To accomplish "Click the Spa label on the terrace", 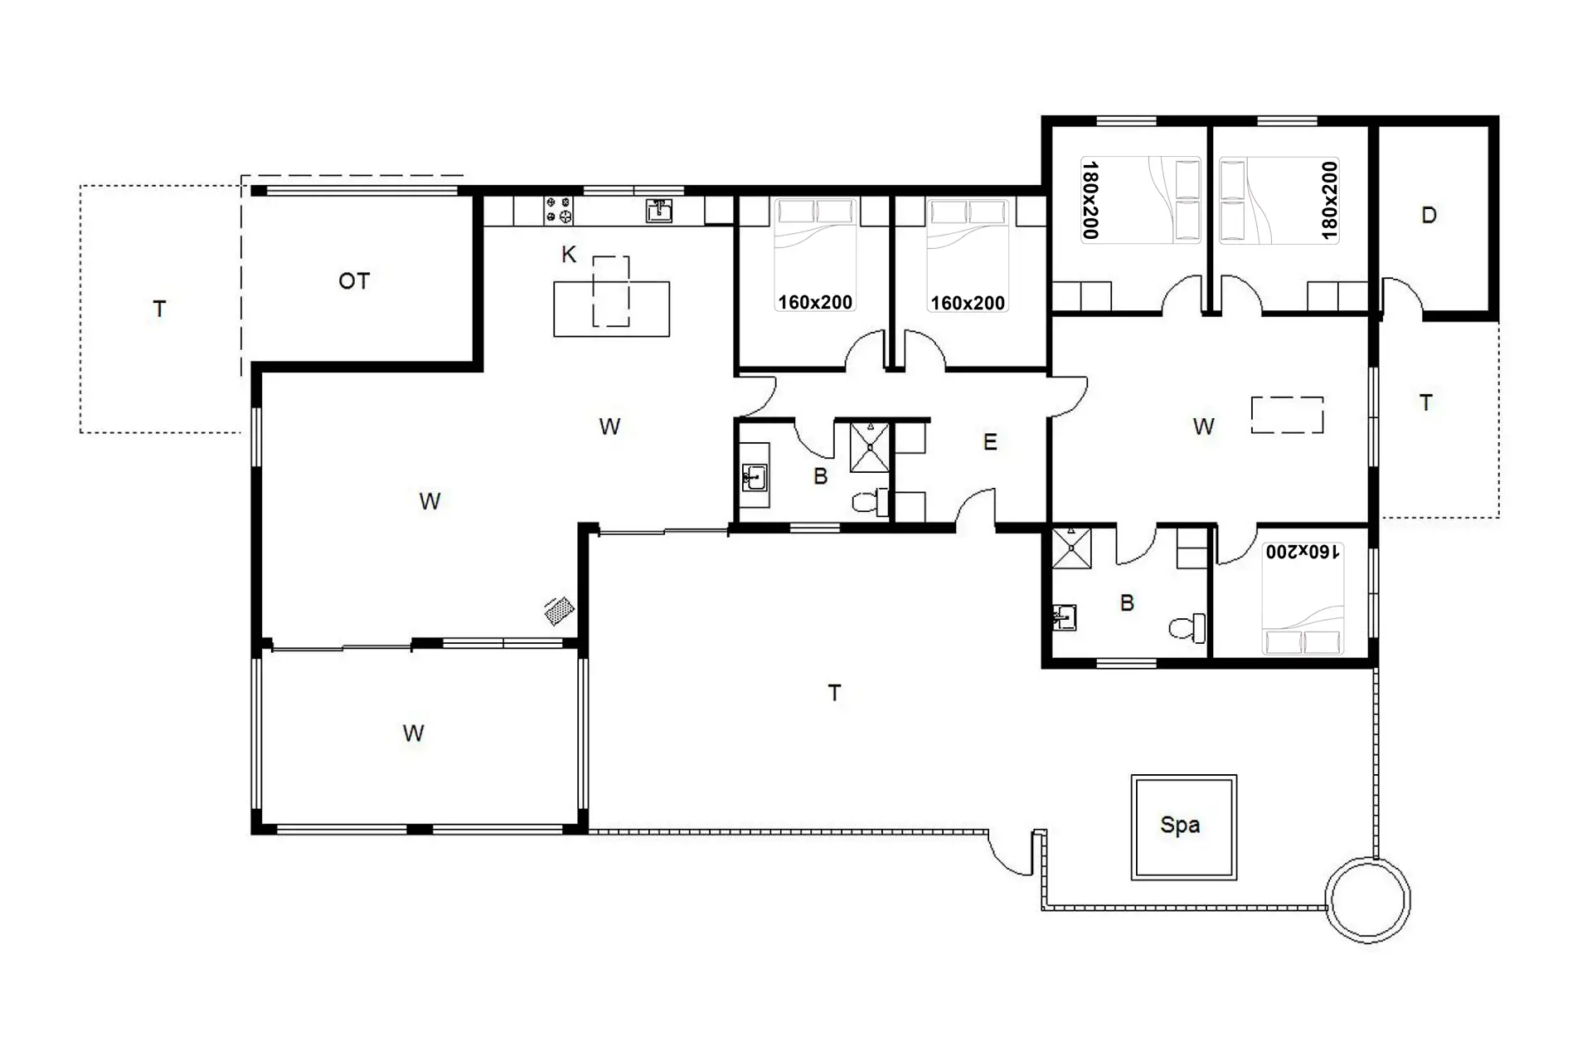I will tap(1180, 825).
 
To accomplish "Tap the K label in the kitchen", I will tap(568, 255).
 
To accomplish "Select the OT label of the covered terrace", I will tap(354, 281).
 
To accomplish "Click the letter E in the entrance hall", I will tap(990, 442).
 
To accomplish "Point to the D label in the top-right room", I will tap(1429, 216).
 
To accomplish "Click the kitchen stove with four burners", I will tap(559, 210).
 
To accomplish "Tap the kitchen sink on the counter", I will tap(659, 211).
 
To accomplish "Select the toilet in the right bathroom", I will tap(1188, 627).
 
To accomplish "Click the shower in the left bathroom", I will tap(870, 447).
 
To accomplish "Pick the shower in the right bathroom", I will tap(1071, 548).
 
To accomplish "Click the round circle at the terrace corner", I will tap(1367, 900).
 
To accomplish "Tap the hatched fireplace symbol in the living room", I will tap(560, 611).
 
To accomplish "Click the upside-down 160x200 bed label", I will tap(1302, 552).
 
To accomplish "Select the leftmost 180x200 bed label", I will tap(1090, 200).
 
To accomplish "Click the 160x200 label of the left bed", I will tap(815, 303).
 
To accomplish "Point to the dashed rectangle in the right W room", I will tap(1287, 415).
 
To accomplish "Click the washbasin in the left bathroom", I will tap(754, 479).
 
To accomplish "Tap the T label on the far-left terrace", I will tap(159, 309).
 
